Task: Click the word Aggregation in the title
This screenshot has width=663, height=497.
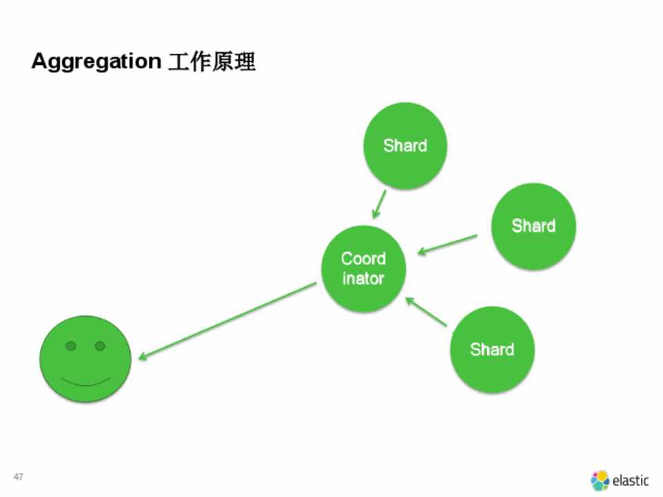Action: [x=95, y=62]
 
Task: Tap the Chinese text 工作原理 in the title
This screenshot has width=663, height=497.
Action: [x=212, y=62]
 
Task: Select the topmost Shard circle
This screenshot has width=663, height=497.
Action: [x=405, y=146]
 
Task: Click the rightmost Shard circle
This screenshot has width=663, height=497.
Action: [x=533, y=226]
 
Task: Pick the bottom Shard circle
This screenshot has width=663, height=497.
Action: [x=492, y=349]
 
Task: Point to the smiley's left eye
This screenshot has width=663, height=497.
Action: [x=70, y=345]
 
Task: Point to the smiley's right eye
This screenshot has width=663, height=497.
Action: [x=100, y=345]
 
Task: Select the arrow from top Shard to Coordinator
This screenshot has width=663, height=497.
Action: [x=378, y=204]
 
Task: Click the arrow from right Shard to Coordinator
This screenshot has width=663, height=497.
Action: [x=448, y=244]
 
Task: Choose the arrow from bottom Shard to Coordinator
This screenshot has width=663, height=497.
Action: [x=427, y=312]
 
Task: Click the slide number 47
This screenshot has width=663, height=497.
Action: [x=19, y=477]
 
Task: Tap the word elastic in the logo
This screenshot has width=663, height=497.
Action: [x=630, y=480]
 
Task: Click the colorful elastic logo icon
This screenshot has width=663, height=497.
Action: [x=599, y=480]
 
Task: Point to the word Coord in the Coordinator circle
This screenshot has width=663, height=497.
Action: [x=363, y=259]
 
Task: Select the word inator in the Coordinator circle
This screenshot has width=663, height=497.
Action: [x=363, y=279]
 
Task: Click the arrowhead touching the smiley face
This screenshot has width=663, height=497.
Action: [x=142, y=356]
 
